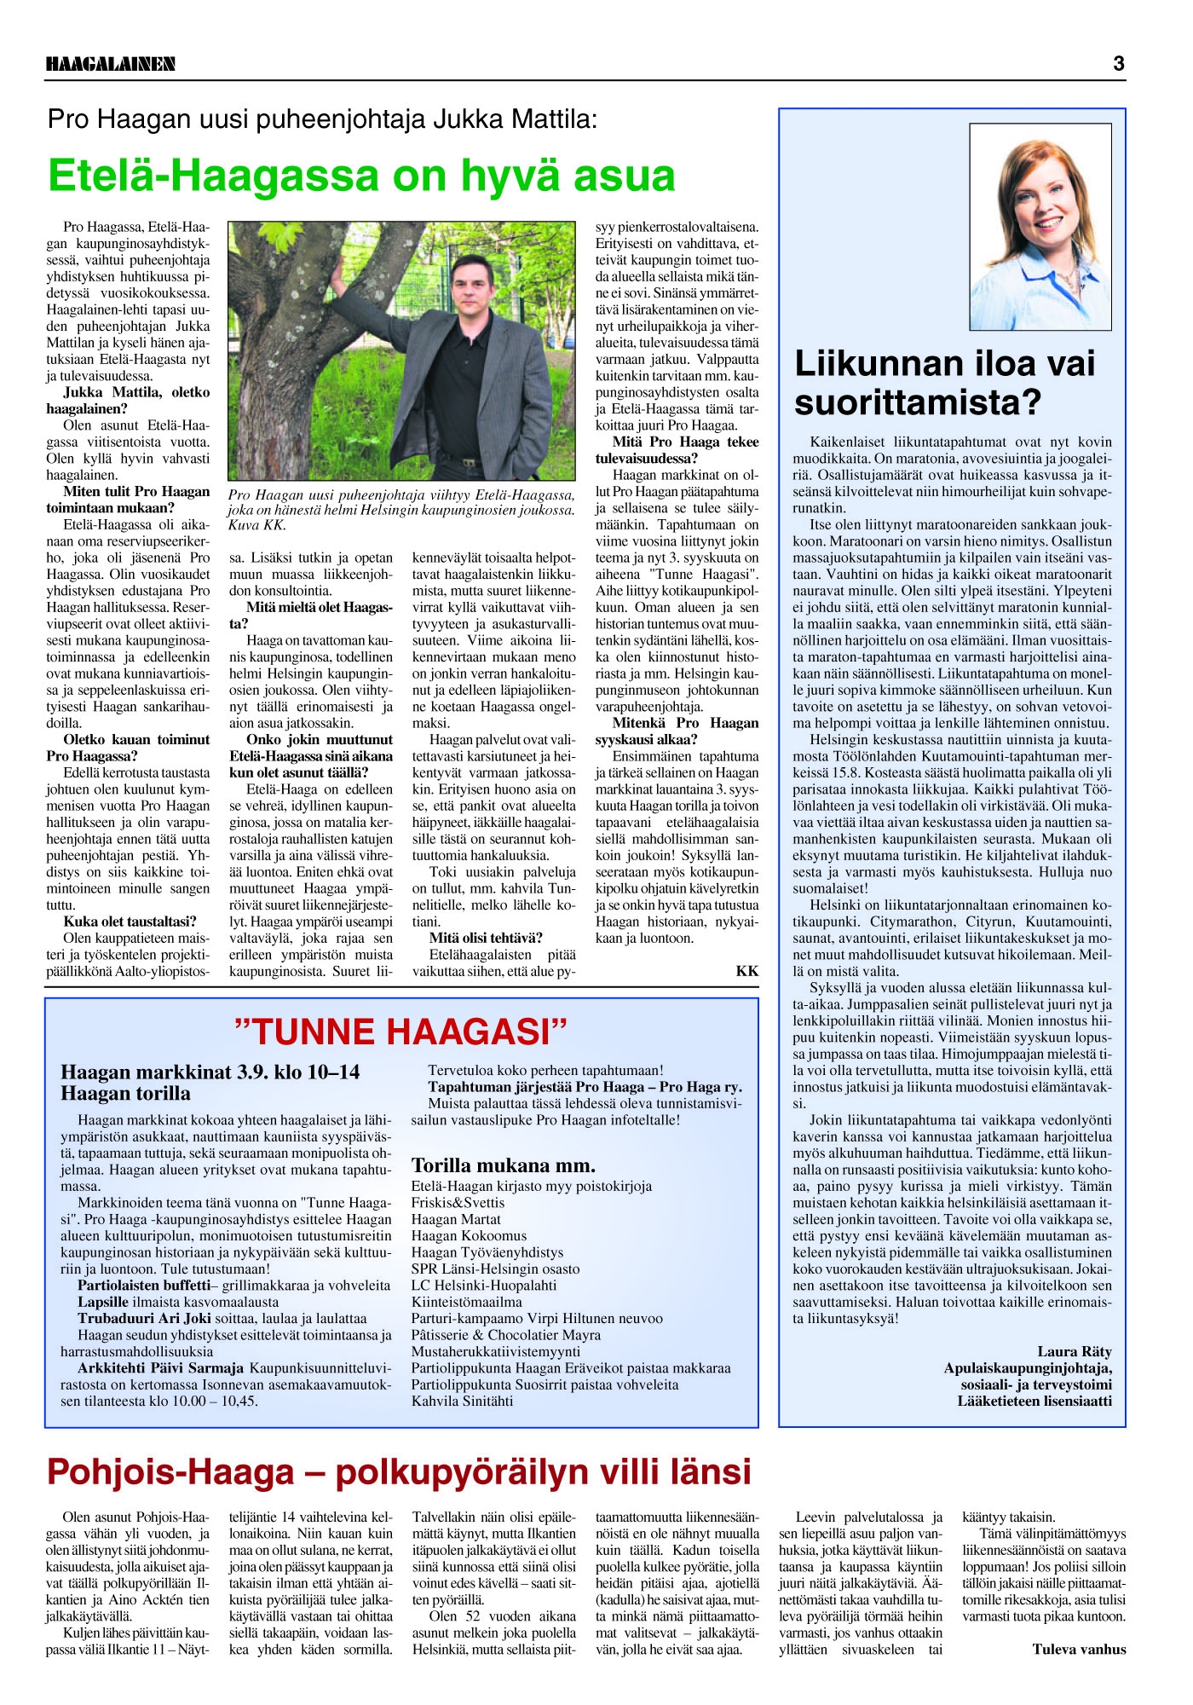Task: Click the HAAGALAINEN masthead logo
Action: point(111,64)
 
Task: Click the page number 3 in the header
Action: point(1118,63)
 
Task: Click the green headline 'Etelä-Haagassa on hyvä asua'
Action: point(361,176)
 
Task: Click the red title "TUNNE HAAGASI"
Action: point(401,1032)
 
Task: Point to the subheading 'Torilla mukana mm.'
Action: point(504,1165)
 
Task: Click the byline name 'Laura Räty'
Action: point(1074,1351)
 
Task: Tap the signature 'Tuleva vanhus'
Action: point(1079,1649)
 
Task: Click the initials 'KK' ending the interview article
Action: point(746,971)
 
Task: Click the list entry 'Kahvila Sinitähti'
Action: point(463,1401)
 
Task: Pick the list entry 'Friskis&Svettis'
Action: point(458,1203)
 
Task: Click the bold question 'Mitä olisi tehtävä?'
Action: point(486,938)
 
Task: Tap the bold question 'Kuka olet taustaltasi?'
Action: point(130,922)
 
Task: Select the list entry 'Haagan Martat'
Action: point(456,1219)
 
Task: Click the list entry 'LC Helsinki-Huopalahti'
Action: point(483,1286)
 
